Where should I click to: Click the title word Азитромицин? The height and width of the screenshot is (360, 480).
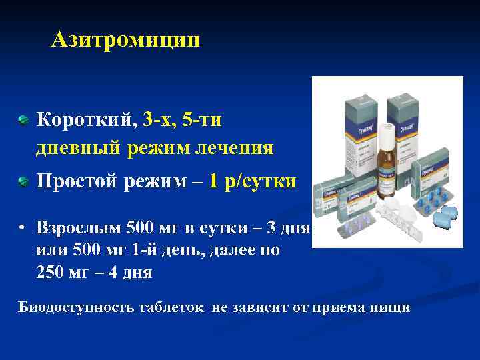(x=125, y=41)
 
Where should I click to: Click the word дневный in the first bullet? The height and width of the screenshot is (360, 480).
(x=77, y=147)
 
